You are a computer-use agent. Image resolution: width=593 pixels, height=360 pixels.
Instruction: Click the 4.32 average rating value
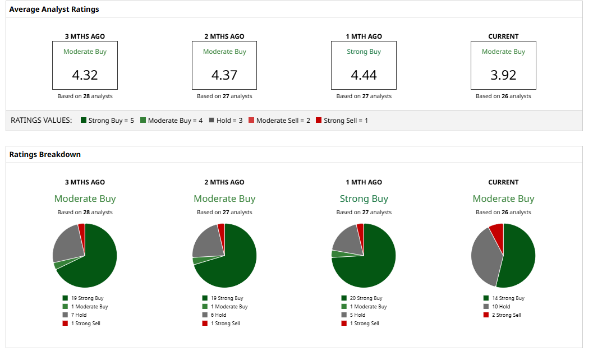(x=85, y=75)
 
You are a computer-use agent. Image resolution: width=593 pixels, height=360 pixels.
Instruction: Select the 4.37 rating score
(x=224, y=75)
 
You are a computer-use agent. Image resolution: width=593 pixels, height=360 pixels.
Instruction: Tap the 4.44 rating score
(x=364, y=75)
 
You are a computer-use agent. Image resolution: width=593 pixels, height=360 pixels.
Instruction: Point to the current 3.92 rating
(x=503, y=75)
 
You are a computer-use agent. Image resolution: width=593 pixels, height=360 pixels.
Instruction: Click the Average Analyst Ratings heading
(x=54, y=10)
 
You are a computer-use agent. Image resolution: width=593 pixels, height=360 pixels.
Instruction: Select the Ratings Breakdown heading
(x=45, y=154)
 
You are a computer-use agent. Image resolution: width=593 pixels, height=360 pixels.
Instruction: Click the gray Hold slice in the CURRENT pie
(x=484, y=258)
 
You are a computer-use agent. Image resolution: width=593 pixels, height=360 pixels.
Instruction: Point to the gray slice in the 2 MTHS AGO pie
(x=206, y=242)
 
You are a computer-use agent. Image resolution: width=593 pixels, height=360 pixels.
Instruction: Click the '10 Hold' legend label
(x=500, y=307)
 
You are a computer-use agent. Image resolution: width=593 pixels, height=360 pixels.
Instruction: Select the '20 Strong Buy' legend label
(x=365, y=298)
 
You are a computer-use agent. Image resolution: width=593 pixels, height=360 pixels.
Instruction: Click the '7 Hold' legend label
(x=79, y=315)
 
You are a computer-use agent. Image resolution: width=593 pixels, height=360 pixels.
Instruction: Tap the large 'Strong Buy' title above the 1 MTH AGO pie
(x=364, y=199)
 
